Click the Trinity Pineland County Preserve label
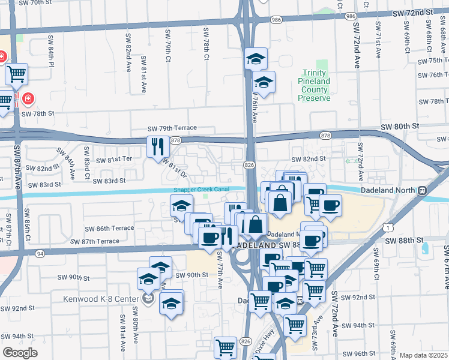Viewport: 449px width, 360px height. tap(315, 85)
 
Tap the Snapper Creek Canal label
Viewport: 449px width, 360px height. tap(201, 190)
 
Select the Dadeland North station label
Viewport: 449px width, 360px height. tap(388, 190)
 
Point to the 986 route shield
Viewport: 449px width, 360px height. tap(276, 20)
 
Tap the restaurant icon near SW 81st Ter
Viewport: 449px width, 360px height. tap(158, 146)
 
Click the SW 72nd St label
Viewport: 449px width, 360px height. tap(421, 13)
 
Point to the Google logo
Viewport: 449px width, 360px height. tap(20, 353)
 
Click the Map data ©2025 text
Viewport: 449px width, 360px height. tap(424, 355)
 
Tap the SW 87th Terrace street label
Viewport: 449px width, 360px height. tap(101, 241)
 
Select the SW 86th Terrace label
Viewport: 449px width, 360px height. tap(109, 229)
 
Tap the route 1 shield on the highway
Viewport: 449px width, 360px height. tap(391, 226)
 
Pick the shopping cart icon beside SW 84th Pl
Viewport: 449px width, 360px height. tap(17, 74)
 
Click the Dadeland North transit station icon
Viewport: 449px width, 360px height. tap(423, 190)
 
